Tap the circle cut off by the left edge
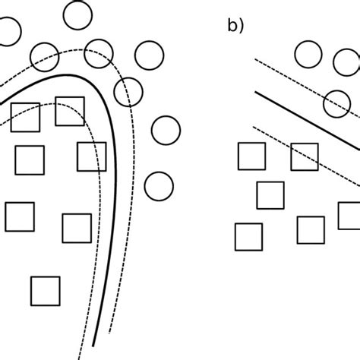[7, 30]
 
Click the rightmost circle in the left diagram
[166, 130]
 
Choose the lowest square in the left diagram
[45, 289]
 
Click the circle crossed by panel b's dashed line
[337, 103]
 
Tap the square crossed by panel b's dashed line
[304, 156]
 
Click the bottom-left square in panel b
[248, 236]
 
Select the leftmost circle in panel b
[308, 54]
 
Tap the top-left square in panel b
[251, 156]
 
